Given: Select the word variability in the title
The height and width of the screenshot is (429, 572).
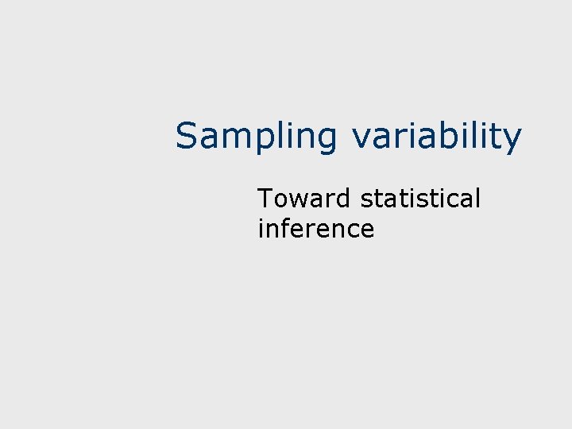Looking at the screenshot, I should coord(437,137).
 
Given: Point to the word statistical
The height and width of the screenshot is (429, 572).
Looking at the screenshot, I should coord(421,198).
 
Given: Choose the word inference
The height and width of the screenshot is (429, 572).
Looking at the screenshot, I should coord(315,229).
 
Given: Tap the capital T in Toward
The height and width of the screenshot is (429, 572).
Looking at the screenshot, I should coord(265,198).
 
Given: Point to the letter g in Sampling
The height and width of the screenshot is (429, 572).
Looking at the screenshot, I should coord(327,141).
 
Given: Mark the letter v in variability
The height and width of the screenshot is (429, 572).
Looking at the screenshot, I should coord(361,138).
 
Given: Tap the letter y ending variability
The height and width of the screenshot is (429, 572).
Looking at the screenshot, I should coord(512,141).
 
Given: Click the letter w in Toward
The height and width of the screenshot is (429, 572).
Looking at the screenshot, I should coord(298,199).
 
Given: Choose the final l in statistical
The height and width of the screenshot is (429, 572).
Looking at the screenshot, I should coord(478,198).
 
